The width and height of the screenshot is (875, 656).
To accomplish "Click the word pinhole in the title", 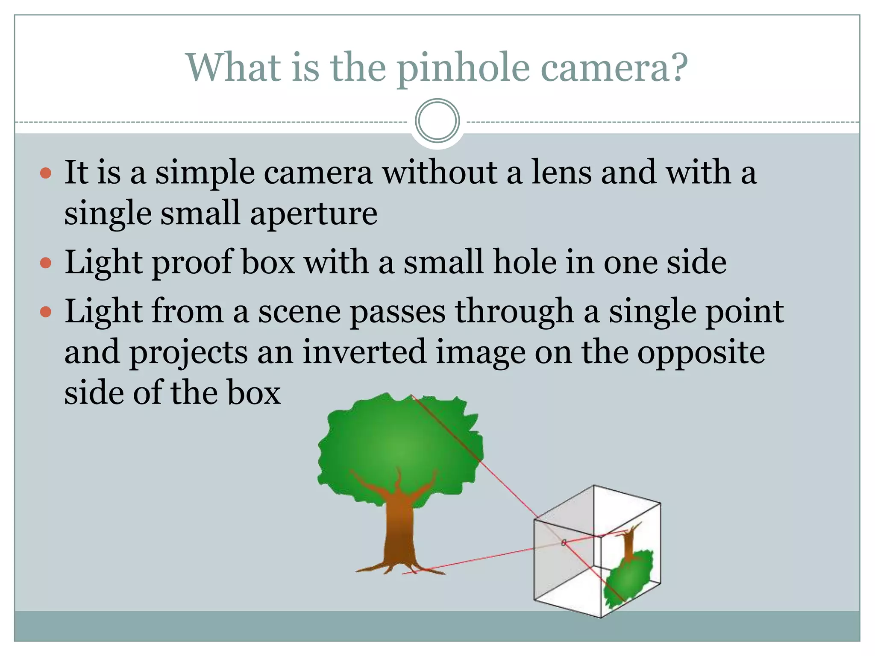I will pos(463,68).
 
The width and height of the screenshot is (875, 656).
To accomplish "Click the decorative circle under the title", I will pos(437,121).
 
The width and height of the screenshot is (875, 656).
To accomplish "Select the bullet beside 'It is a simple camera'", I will pos(45,173).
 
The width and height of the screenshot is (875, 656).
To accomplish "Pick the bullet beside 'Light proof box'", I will pos(45,263).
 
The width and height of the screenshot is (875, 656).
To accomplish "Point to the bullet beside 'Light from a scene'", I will pos(45,311).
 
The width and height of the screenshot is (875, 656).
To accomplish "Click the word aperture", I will pos(313,214).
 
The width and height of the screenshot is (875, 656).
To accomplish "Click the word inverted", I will pos(364,351).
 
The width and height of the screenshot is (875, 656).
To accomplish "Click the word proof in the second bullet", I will pos(192,262).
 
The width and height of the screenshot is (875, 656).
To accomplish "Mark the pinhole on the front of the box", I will pos(564,542).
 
